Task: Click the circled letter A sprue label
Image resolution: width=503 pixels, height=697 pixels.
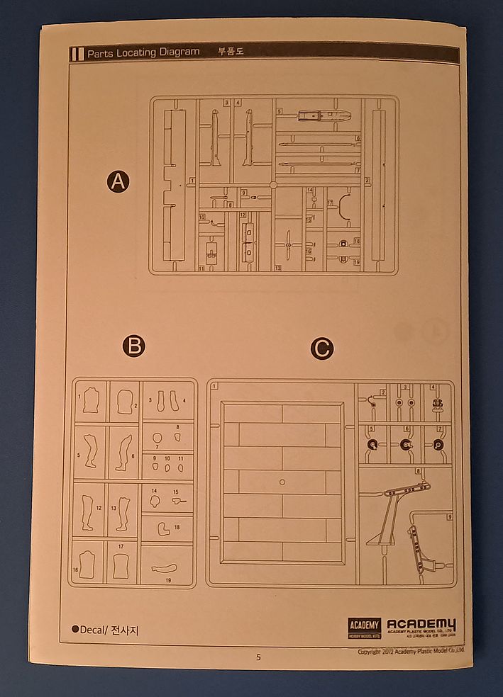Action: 118,182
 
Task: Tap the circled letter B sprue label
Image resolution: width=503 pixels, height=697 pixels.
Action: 133,346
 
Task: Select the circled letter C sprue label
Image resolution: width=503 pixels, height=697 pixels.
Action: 322,348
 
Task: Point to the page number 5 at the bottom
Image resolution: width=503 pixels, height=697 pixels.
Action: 258,657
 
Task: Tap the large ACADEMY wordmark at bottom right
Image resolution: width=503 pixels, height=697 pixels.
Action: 421,624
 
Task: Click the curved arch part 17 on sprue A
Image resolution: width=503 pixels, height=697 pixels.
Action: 343,206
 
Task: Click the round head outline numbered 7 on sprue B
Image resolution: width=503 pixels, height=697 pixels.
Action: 157,437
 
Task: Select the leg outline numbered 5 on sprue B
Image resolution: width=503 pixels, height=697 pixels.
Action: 90,450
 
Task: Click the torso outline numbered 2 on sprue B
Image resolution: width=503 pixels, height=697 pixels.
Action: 125,401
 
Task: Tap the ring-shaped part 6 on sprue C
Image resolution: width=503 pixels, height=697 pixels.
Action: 407,445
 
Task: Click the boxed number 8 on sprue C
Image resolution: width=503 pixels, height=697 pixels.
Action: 419,471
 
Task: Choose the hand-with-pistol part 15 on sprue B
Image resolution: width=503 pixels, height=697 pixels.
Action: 178,501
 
